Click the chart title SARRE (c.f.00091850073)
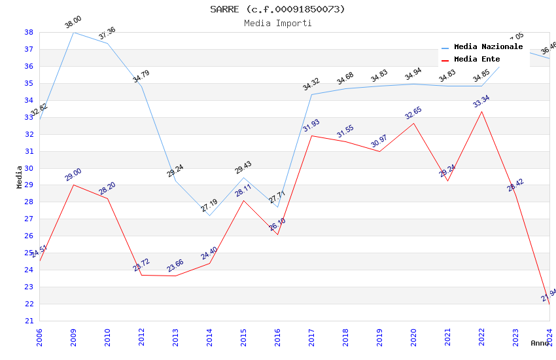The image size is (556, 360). [277, 9]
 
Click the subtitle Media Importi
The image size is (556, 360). [277, 23]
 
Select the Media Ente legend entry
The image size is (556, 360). [477, 60]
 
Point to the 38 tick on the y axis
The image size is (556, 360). [29, 32]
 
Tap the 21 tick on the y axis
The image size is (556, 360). [29, 321]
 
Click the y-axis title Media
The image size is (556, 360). [20, 177]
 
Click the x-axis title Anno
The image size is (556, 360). [540, 343]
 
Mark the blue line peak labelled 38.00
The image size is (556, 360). [73, 32]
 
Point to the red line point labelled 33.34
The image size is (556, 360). [482, 111]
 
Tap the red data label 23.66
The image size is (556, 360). [175, 266]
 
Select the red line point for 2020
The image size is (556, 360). [413, 123]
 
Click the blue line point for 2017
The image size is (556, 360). [311, 94]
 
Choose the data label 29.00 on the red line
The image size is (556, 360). [73, 175]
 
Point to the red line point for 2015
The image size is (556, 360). [243, 200]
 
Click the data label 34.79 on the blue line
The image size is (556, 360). [141, 77]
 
